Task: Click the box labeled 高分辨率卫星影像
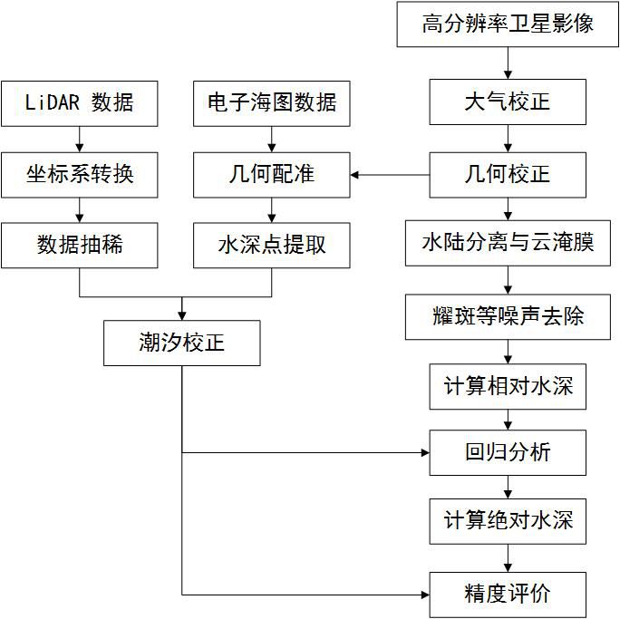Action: (508, 24)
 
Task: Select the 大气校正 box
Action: (508, 102)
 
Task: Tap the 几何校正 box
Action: (508, 173)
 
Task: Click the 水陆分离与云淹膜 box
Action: (508, 244)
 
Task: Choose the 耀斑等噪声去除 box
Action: (508, 316)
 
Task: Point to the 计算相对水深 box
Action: (508, 387)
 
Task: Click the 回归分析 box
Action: (508, 452)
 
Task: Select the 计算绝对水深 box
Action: (508, 521)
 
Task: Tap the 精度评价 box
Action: (508, 595)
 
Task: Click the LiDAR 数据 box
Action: (80, 102)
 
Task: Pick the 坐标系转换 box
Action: (80, 173)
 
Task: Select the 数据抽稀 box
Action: (80, 245)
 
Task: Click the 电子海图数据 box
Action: (272, 102)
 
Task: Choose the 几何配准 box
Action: (272, 173)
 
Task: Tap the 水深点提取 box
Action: (272, 245)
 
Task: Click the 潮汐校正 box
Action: (181, 343)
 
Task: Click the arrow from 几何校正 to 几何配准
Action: (390, 173)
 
